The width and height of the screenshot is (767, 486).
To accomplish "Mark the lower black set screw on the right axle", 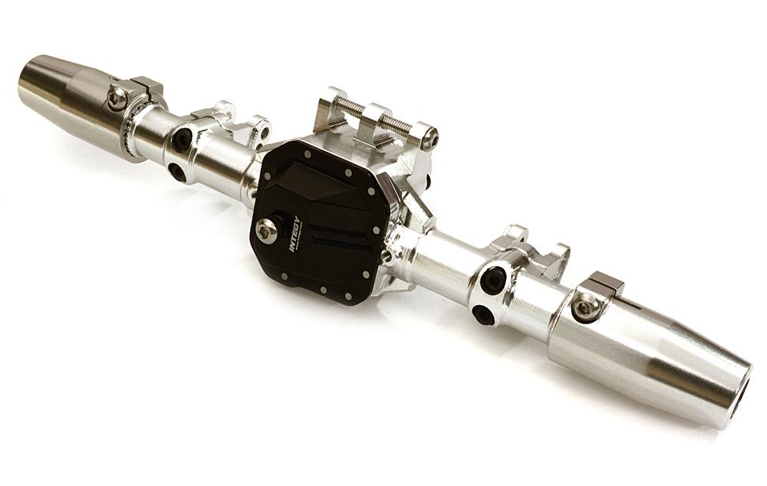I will coord(484,314).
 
